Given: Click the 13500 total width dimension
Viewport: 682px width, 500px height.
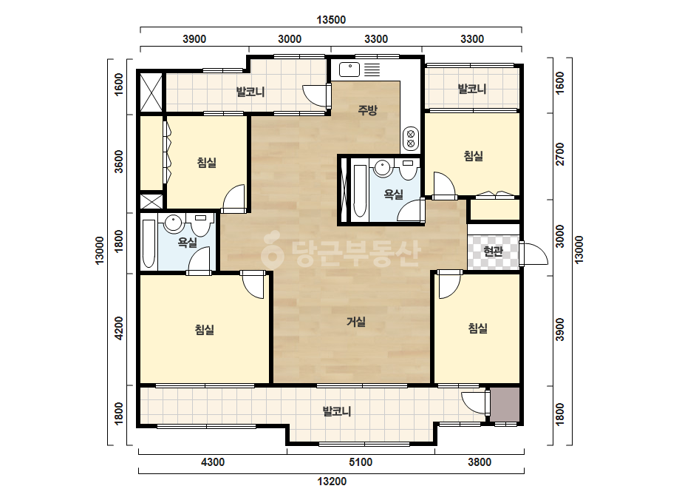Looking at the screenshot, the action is [x=331, y=20].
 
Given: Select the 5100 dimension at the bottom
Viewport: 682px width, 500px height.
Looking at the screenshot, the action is [x=361, y=462].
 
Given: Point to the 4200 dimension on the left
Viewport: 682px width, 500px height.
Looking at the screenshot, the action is [x=119, y=328].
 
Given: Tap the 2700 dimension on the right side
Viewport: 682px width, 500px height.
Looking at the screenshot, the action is [x=560, y=154].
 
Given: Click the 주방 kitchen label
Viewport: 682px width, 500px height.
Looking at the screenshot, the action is [x=367, y=110].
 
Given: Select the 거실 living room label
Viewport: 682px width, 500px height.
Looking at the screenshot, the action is [x=356, y=322].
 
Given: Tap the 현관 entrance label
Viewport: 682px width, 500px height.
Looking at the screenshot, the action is [x=494, y=251].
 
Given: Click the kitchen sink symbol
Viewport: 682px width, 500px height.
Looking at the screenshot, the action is [x=349, y=70].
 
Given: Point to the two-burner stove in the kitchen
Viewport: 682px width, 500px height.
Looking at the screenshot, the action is [x=411, y=138].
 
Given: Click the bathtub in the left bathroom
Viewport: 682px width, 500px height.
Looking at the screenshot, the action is [x=149, y=244].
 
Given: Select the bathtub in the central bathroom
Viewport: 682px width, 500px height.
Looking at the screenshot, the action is [x=360, y=191].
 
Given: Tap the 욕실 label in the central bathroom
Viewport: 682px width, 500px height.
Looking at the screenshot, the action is [x=394, y=195].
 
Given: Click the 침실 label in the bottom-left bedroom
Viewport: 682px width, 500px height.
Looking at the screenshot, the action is [x=205, y=329].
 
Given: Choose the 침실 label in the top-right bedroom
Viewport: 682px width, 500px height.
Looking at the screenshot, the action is [x=473, y=156].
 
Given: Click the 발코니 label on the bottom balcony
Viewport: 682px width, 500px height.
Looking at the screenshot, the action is [x=337, y=411].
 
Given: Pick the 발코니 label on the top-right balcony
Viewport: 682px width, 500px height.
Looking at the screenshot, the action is [x=472, y=89].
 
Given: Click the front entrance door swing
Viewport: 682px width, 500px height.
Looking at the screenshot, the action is [x=534, y=254].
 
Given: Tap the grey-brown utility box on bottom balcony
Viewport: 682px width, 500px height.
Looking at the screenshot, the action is [x=505, y=405].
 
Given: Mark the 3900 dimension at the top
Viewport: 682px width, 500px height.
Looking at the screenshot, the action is [x=194, y=39].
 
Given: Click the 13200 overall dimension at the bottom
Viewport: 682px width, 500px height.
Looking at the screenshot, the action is [x=332, y=482].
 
